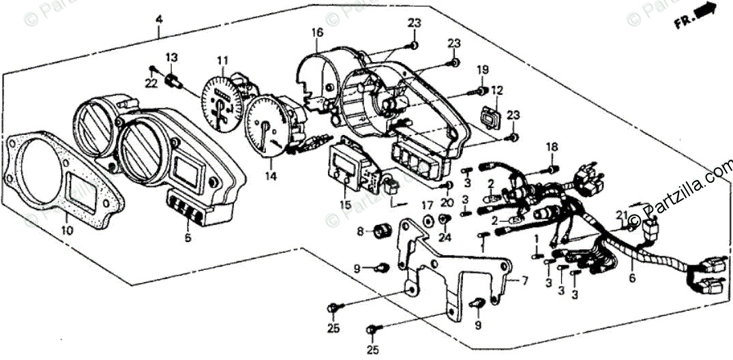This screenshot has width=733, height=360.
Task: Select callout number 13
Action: (170, 57)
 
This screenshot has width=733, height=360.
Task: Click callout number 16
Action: (317, 33)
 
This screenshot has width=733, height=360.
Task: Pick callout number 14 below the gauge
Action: (271, 176)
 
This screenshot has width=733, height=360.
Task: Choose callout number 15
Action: (346, 205)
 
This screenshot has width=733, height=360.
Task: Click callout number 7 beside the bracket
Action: (525, 280)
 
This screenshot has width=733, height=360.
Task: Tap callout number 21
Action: (620, 215)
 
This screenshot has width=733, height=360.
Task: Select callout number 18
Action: (552, 146)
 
